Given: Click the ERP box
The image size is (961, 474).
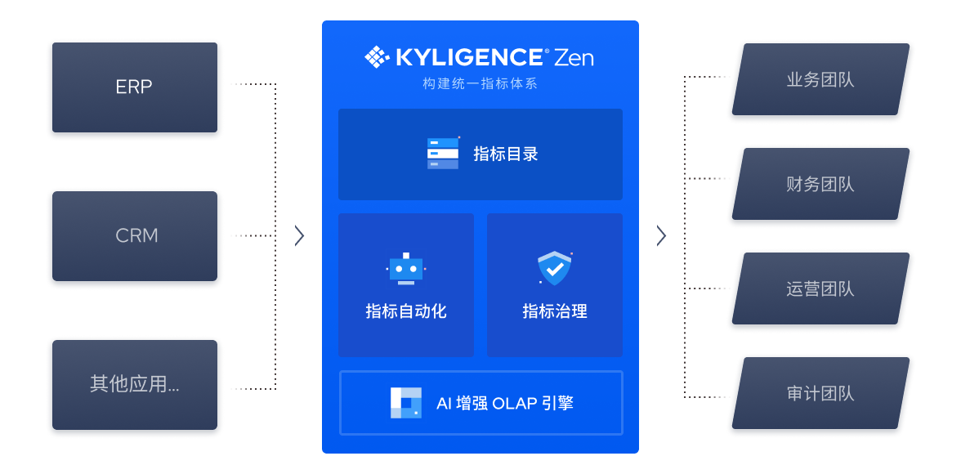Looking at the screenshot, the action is (x=135, y=87).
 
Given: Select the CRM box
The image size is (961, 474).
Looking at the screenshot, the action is (x=135, y=236).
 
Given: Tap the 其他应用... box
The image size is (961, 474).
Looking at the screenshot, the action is (x=135, y=385).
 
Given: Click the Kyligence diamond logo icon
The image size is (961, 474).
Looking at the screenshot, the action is (x=377, y=57).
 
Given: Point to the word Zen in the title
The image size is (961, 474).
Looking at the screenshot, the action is (x=574, y=58).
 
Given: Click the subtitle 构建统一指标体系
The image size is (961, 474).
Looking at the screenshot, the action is (x=480, y=83).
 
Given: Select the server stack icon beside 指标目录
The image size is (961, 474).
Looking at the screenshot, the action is (x=443, y=154).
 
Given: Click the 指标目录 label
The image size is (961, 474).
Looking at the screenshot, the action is (x=506, y=154).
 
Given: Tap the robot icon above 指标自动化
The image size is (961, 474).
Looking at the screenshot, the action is (x=405, y=269).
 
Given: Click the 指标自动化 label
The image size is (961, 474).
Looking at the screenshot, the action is (x=405, y=311).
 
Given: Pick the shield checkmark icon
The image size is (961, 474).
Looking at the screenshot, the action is (x=554, y=269).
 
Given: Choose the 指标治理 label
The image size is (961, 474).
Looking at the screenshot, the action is (x=555, y=311).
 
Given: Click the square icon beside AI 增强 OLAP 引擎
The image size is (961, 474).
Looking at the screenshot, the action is (x=405, y=403).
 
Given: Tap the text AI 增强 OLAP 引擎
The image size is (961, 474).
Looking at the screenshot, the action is (x=505, y=403).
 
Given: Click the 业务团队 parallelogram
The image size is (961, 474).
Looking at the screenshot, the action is (x=820, y=79).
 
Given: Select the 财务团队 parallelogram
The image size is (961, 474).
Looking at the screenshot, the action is (x=820, y=184).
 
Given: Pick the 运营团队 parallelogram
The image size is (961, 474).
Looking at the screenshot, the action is (x=820, y=288).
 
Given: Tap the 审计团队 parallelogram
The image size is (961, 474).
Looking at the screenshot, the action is (x=820, y=393).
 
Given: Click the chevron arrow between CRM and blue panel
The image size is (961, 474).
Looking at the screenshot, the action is (x=299, y=236).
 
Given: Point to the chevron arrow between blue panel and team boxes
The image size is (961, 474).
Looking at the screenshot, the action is (x=661, y=236).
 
